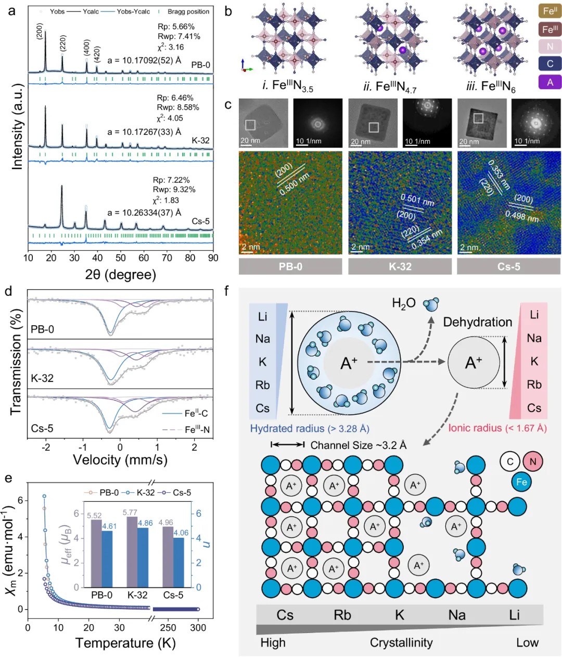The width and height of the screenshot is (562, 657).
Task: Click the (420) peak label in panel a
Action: [x=97, y=54]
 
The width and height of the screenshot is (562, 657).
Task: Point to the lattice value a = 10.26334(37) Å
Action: [x=144, y=212]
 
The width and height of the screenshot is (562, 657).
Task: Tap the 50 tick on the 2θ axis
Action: [x=121, y=257]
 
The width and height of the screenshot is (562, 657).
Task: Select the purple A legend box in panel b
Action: [x=550, y=82]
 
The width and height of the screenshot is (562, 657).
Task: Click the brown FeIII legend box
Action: [x=550, y=29]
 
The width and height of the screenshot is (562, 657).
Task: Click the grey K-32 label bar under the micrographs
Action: [x=400, y=266]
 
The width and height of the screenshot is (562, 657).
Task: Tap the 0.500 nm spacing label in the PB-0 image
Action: [x=294, y=184]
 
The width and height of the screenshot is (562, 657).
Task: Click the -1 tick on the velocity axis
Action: [x=83, y=447]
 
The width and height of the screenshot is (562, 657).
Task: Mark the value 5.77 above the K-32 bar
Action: [x=130, y=513]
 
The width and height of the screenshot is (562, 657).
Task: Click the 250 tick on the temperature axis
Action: [x=168, y=628]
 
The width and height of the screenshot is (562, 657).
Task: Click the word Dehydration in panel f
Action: [x=477, y=322]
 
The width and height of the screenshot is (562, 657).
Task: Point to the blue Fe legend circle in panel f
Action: [x=521, y=482]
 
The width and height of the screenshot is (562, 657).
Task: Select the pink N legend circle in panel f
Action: [x=532, y=461]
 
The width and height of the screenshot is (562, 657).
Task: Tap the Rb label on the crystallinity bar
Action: [x=342, y=615]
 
